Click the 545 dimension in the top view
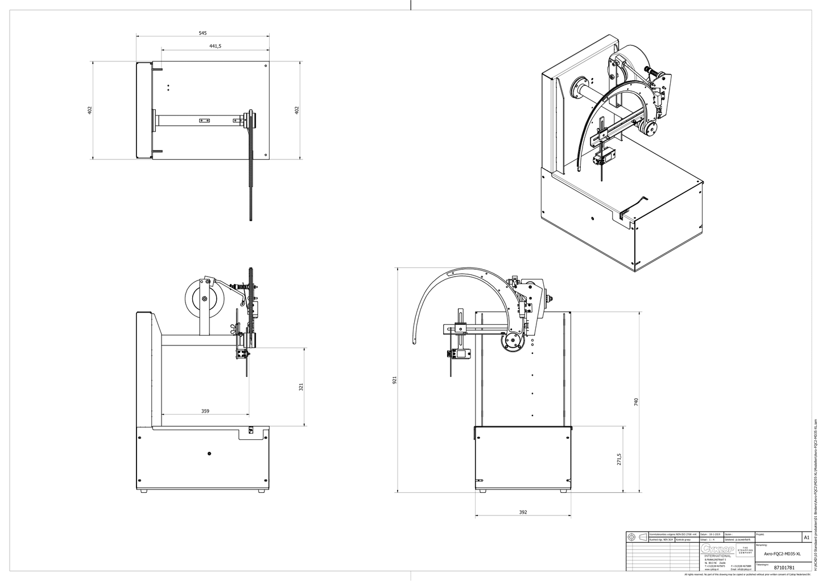pyautogui.click(x=203, y=33)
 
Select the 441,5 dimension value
pyautogui.click(x=215, y=47)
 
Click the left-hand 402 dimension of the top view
pyautogui.click(x=89, y=110)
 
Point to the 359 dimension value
pyautogui.click(x=205, y=410)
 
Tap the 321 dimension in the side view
pyautogui.click(x=301, y=387)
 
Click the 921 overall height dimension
pyautogui.click(x=394, y=380)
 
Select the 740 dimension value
pyautogui.click(x=637, y=401)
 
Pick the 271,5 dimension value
pyautogui.click(x=619, y=459)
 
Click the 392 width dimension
pyautogui.click(x=523, y=512)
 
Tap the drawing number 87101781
pyautogui.click(x=784, y=567)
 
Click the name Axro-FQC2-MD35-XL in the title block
pyautogui.click(x=782, y=554)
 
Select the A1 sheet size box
pyautogui.click(x=806, y=537)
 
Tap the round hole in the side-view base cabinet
pyautogui.click(x=209, y=453)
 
